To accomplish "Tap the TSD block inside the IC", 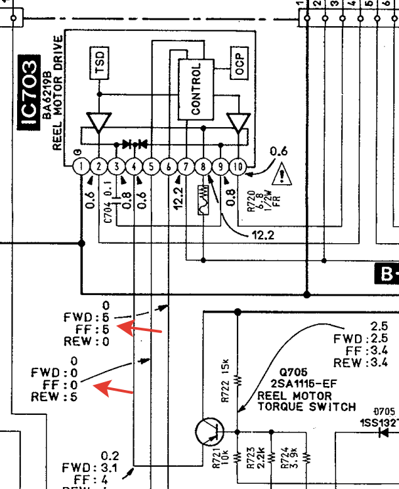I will pos(99,62).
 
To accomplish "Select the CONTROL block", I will pos(196,88).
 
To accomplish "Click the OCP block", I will pos(240,62).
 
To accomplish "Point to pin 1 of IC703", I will pos(81,167).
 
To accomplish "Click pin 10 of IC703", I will pos(238,167).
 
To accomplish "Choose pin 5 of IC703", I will pos(151,167).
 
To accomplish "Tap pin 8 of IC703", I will pos(203,167).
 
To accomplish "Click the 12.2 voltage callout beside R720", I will pos(261,235).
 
